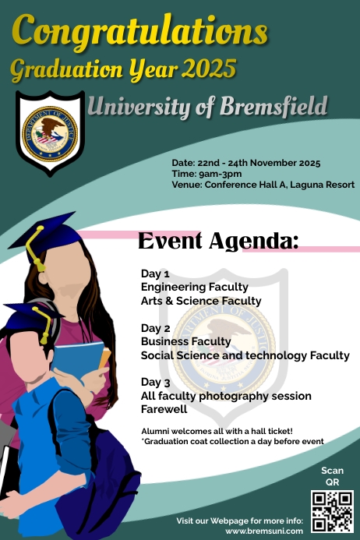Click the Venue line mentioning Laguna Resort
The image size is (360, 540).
point(263,185)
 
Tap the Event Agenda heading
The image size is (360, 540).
point(217,241)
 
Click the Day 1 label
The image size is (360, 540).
point(155,274)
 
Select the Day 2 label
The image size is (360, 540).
point(155,328)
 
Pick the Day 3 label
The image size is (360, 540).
point(155,383)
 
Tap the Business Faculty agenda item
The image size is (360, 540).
point(185,341)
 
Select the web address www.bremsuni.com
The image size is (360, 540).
point(263,531)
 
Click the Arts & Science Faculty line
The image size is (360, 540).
point(200,301)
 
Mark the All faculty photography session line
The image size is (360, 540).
point(226,396)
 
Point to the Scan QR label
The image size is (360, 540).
point(332,476)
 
